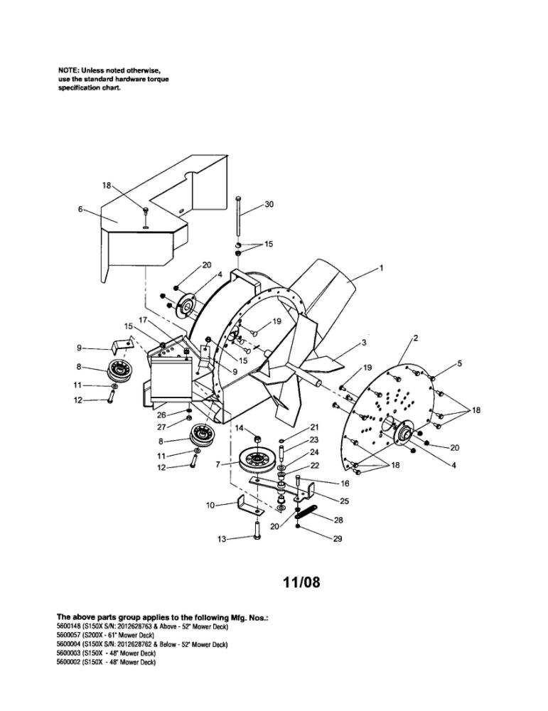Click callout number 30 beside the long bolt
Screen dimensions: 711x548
[x=269, y=204]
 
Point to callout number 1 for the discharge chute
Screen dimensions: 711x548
[x=382, y=268]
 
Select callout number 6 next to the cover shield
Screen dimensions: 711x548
[x=80, y=209]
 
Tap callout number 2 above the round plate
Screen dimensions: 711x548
[x=414, y=337]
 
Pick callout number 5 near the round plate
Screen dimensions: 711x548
[x=460, y=363]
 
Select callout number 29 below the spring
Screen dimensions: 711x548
[x=338, y=539]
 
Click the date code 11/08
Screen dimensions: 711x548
[x=301, y=584]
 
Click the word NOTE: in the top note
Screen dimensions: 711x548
[x=69, y=70]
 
